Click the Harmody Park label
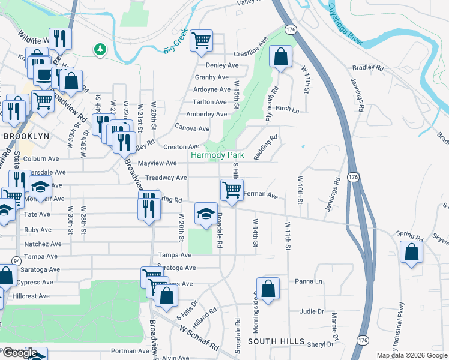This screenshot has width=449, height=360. (x=219, y=155)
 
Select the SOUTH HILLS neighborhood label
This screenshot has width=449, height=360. (x=276, y=341)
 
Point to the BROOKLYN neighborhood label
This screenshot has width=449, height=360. (x=26, y=136)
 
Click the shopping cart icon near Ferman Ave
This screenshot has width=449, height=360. (x=232, y=190)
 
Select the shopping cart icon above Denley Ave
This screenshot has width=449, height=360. (x=201, y=40)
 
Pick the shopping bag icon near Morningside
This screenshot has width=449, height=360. (x=268, y=288)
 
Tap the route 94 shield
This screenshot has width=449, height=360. (x=16, y=260)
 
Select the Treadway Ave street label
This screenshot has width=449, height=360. (x=166, y=178)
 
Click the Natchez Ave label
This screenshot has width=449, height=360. (x=43, y=244)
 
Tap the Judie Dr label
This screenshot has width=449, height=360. (x=312, y=311)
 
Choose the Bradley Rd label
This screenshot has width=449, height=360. (x=369, y=68)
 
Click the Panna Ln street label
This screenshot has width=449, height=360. (x=309, y=281)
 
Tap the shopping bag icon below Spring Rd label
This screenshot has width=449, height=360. (x=411, y=254)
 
